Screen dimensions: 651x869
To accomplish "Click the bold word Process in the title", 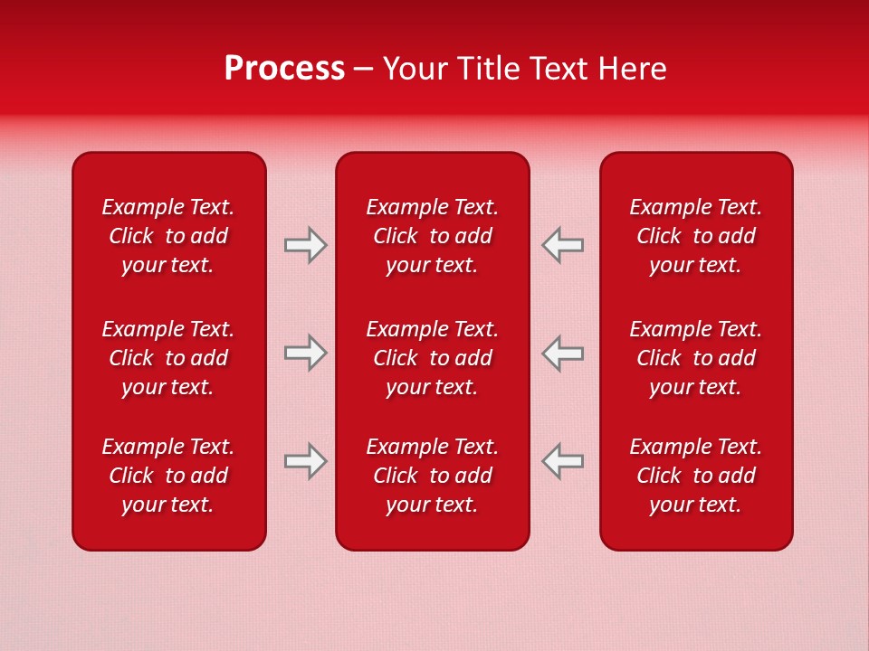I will [x=284, y=69].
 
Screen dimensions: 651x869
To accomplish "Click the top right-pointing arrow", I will [x=306, y=245].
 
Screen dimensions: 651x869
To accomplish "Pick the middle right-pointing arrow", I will [x=306, y=353].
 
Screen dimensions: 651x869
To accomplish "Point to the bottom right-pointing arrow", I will [x=306, y=461].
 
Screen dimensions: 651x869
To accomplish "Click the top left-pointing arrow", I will [x=562, y=245].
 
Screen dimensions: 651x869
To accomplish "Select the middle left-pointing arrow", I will [x=562, y=353].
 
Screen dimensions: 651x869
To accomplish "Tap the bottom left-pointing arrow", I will [x=562, y=461].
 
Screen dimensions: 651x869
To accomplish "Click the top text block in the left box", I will [x=168, y=236].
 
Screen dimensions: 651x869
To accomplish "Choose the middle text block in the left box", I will [x=168, y=358].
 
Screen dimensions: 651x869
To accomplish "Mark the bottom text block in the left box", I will [x=168, y=476].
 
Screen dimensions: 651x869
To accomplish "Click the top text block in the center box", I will [x=432, y=236].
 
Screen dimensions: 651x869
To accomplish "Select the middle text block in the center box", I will [x=432, y=358].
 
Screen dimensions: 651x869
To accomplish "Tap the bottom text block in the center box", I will [x=432, y=476].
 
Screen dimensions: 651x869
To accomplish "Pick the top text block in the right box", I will [x=695, y=236].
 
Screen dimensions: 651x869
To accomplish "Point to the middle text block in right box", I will [x=695, y=358].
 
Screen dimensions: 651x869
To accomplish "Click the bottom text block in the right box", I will [x=695, y=476].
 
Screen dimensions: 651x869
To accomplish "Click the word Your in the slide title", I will [x=415, y=69].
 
